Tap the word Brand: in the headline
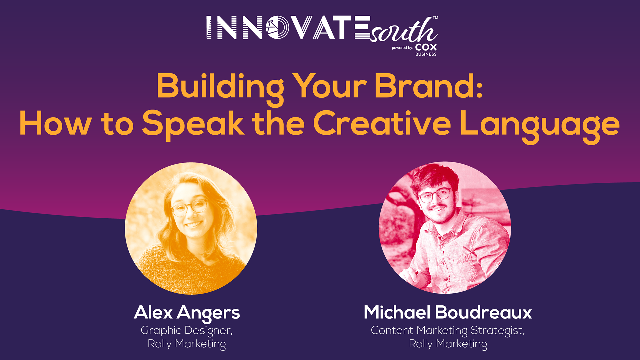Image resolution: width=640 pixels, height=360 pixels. pos(429,86)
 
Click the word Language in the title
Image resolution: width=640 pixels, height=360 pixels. pos(540,126)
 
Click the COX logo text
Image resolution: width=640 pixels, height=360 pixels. pos(426,47)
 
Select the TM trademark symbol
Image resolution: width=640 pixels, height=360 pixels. pos(435,18)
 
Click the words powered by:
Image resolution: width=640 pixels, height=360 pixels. pos(402,48)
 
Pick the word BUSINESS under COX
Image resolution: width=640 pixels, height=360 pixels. pos(426,54)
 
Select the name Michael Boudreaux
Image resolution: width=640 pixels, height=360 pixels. pos(448,312)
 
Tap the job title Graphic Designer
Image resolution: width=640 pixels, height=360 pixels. pos(187,331)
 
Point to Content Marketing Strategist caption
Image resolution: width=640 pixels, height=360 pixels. pos(448,331)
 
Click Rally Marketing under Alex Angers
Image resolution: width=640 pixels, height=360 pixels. pos(187,344)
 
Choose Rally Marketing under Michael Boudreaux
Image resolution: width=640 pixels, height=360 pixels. pos(448,344)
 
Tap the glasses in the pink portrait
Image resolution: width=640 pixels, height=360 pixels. pos(435,195)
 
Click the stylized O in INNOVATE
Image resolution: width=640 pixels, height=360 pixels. pos(277,27)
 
